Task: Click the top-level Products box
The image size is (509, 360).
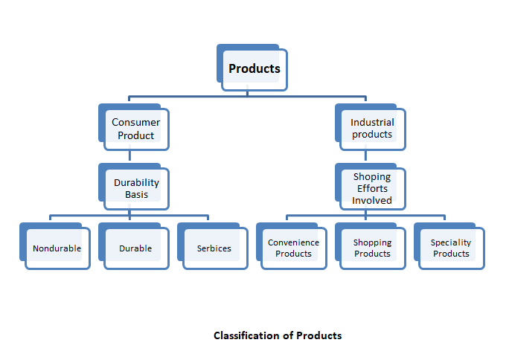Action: [252, 68]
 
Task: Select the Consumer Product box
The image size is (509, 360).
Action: [134, 127]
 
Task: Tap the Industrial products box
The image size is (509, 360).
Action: [371, 127]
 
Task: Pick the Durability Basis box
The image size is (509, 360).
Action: [134, 187]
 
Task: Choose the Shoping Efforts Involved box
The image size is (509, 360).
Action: [371, 187]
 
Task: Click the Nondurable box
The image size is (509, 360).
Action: [55, 246]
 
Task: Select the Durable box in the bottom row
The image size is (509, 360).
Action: [134, 246]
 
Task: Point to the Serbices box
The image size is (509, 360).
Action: [213, 246]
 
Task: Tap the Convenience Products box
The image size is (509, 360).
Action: [292, 246]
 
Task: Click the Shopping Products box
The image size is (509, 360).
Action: [371, 246]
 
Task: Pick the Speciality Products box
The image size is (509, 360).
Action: [449, 246]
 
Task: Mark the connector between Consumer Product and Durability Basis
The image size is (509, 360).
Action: [129, 155]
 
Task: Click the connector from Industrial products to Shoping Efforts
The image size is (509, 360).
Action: [365, 155]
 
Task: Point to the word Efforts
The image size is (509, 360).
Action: [372, 188]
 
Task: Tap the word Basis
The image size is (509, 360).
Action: [137, 195]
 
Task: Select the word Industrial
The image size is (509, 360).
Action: [372, 122]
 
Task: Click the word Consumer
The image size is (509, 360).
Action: [136, 122]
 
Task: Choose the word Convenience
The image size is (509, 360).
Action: [293, 242]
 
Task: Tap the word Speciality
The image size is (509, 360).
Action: [451, 243]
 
